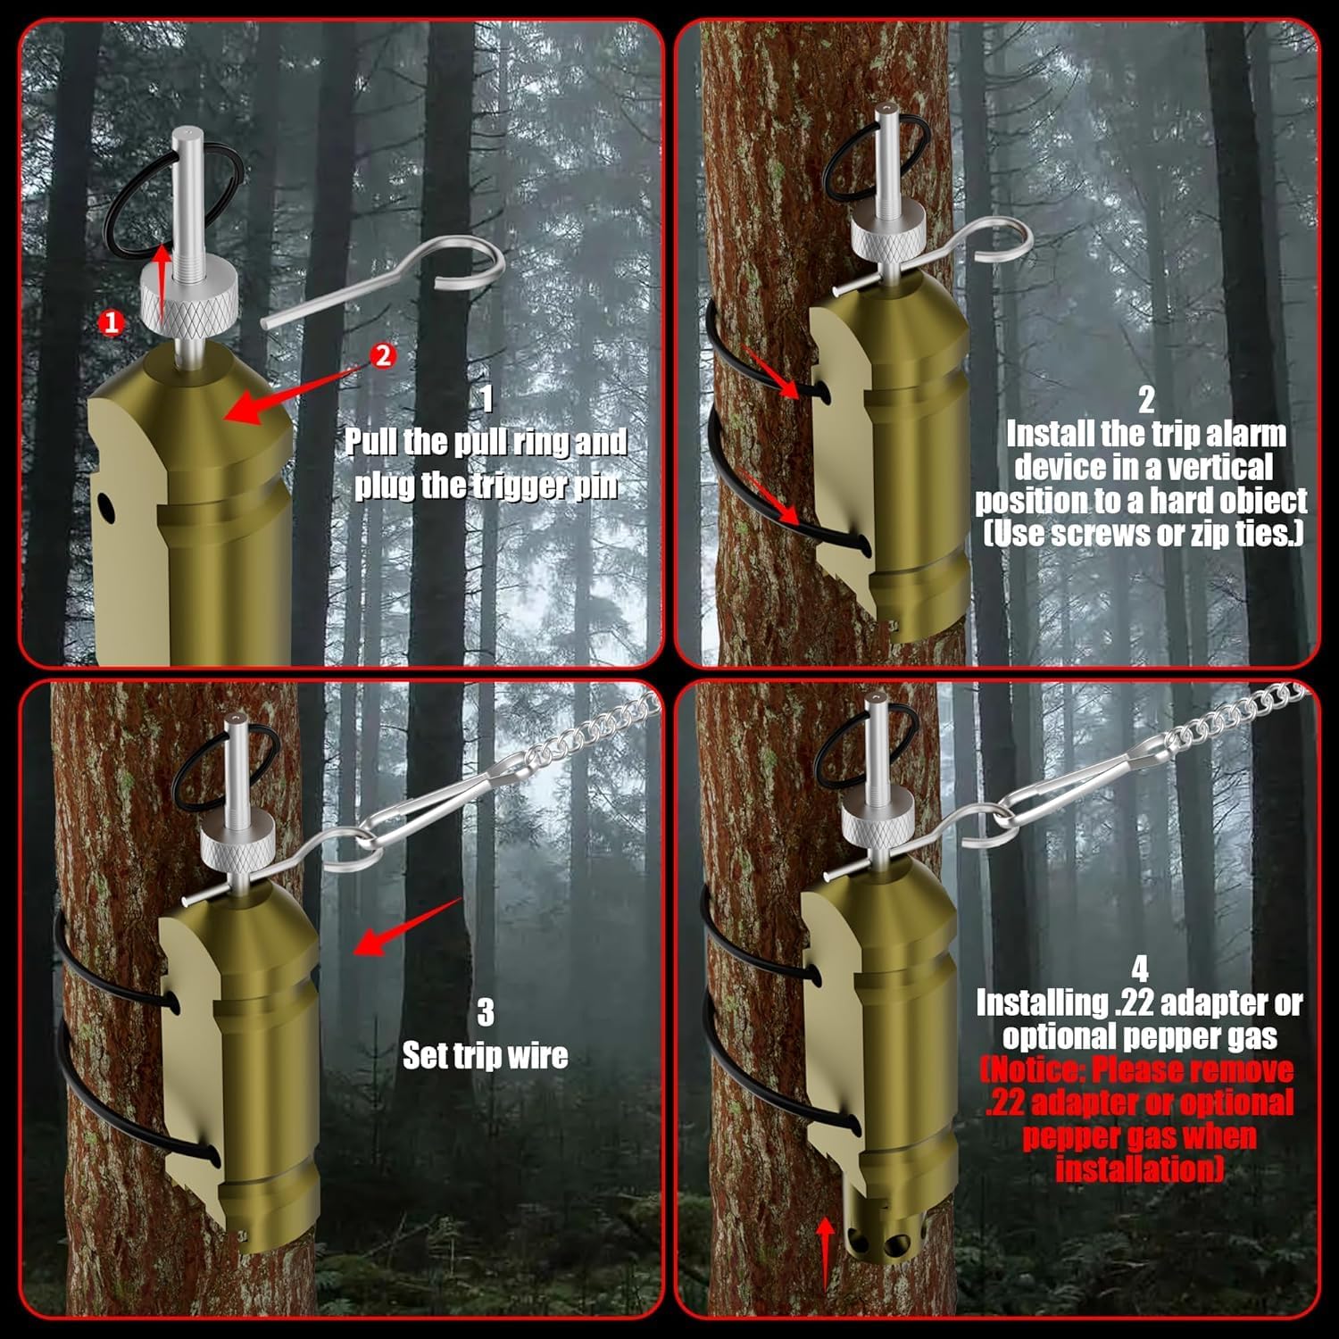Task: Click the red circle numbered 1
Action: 111,322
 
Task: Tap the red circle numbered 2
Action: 382,355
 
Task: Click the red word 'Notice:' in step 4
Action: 1035,1069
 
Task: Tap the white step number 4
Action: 1139,969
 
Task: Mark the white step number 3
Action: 485,1012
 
